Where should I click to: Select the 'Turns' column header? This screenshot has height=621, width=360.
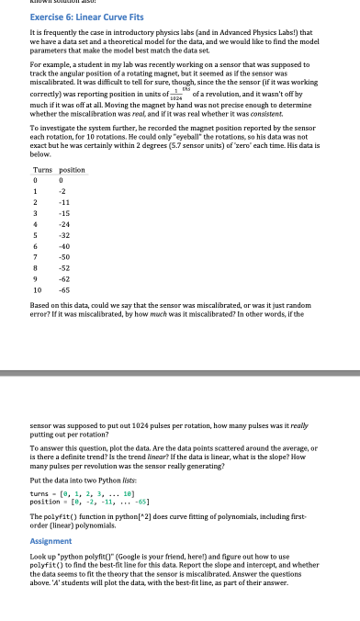(x=42, y=170)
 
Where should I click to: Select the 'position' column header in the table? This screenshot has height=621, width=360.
(x=72, y=170)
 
